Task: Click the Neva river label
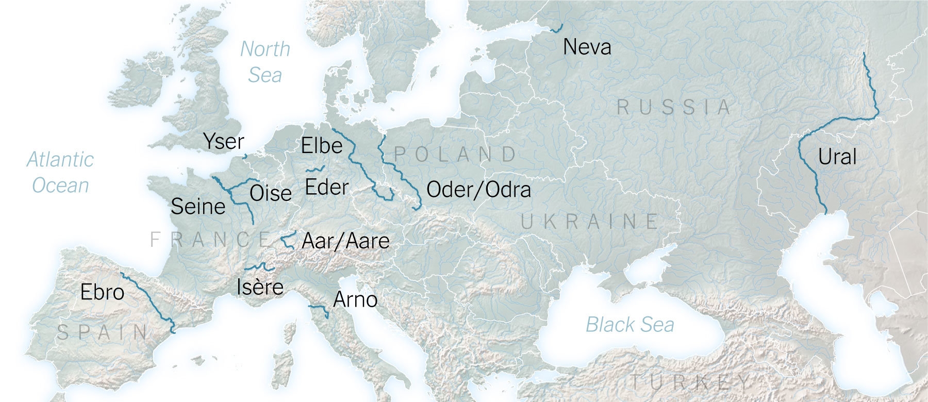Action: [x=587, y=47]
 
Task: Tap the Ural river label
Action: [x=837, y=157]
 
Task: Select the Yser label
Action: [x=224, y=141]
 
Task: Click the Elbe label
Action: [x=322, y=146]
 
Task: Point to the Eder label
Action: [x=327, y=187]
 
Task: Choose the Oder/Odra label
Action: [x=478, y=190]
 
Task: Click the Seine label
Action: [x=198, y=207]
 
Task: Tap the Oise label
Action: [x=271, y=194]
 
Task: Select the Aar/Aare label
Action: [x=345, y=241]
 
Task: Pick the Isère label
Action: [x=260, y=287]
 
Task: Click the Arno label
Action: [x=355, y=299]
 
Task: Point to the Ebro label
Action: [x=102, y=293]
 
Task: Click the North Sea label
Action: [x=265, y=62]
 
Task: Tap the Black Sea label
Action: [x=629, y=325]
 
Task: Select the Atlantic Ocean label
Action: [x=60, y=172]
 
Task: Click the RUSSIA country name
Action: [x=674, y=108]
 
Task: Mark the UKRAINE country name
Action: [x=589, y=222]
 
